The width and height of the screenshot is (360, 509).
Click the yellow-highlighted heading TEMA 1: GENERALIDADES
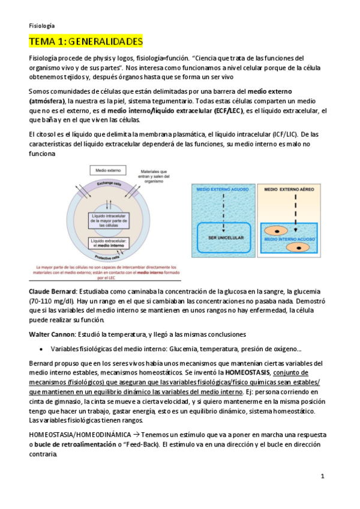click(86, 41)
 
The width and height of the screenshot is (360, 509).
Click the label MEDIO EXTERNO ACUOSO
click(221, 191)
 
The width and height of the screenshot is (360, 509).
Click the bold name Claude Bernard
click(50, 291)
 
